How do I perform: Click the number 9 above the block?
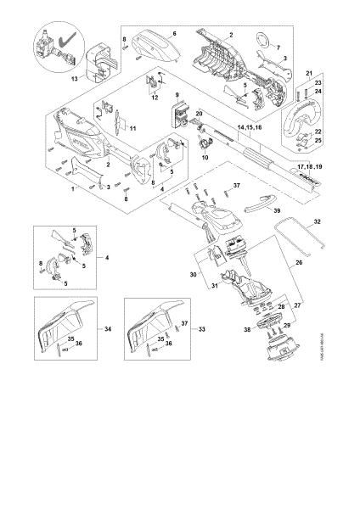click(x=177, y=94)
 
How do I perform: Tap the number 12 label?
click(x=132, y=127)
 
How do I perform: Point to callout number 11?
click(x=154, y=98)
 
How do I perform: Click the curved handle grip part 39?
click(x=253, y=206)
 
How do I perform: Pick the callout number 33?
click(x=201, y=327)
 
